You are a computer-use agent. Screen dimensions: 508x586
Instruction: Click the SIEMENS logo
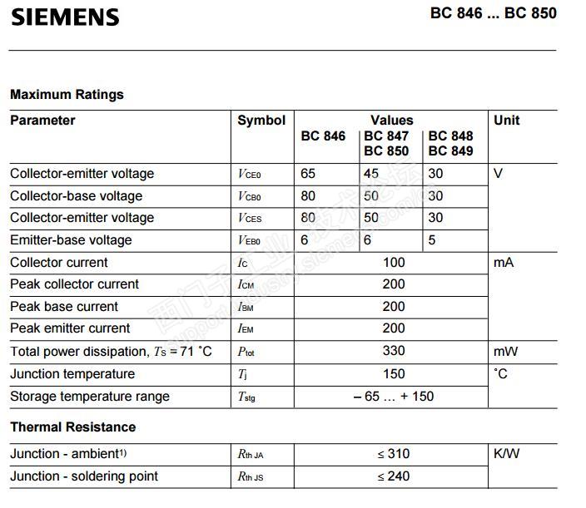point(65,17)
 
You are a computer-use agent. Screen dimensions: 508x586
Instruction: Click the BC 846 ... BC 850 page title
point(494,13)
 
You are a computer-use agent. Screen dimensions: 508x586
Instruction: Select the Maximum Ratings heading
point(67,95)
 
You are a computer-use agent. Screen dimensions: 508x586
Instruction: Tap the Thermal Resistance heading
point(72,427)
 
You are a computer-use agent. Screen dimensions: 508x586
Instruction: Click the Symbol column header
point(261,121)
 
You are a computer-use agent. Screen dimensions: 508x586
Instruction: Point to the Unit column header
point(507,121)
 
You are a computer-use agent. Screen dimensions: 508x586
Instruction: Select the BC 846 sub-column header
point(323,136)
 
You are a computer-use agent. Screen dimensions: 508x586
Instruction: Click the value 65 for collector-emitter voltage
point(309,174)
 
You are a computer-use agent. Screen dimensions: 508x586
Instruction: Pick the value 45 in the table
point(371,174)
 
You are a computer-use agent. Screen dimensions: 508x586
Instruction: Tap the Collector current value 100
point(394,263)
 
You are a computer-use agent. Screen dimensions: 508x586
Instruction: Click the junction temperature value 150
point(394,374)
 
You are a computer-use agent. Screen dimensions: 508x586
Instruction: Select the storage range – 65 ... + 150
point(394,397)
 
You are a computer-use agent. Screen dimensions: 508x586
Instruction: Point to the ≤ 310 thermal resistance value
point(394,454)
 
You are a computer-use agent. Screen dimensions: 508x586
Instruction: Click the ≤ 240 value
point(394,476)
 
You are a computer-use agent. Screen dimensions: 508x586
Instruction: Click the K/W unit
point(507,454)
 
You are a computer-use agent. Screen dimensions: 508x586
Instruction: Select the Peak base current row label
point(64,307)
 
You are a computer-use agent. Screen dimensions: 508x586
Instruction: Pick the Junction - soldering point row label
point(84,476)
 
